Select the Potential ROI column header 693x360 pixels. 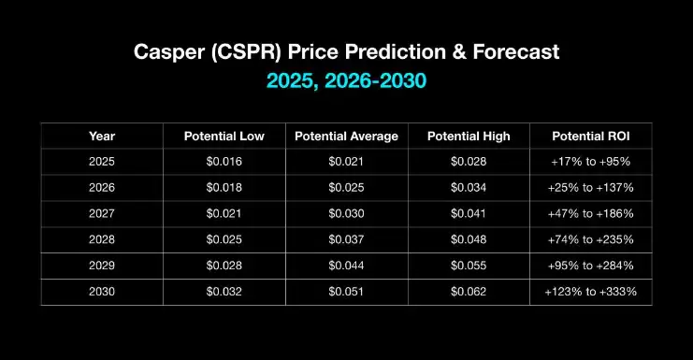(590, 137)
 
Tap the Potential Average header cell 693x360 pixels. (346, 137)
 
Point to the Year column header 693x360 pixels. (102, 137)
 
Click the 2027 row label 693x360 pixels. (102, 214)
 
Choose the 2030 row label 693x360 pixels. (102, 292)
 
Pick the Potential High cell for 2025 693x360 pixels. (469, 162)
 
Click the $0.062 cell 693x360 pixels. (469, 292)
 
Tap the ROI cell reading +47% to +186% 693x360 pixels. (590, 214)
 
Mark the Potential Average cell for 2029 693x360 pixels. (346, 266)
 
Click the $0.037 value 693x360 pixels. (346, 240)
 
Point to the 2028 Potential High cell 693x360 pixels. (469, 240)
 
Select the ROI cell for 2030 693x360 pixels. (590, 292)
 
